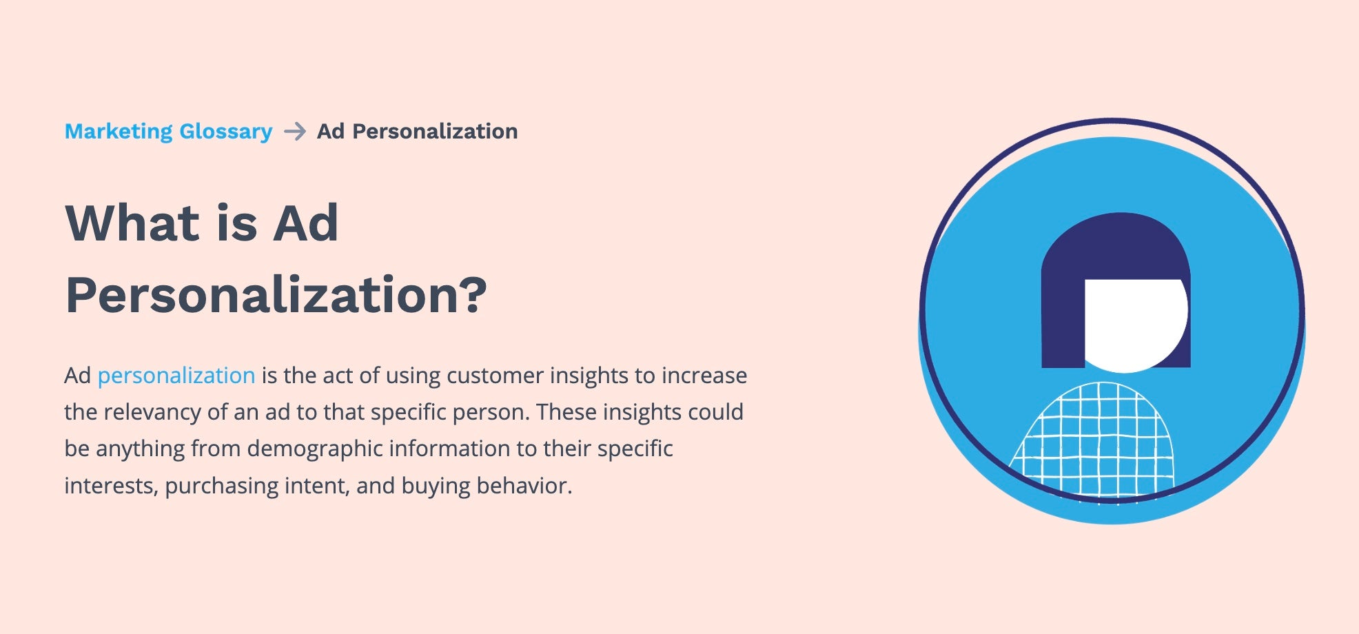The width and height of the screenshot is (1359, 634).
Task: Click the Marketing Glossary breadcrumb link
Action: (168, 131)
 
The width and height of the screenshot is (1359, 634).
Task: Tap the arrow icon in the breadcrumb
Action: (295, 131)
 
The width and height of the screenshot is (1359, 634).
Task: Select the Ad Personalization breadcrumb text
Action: (417, 131)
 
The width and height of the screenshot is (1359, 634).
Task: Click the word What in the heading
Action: (132, 223)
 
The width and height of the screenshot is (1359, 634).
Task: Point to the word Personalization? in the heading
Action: (276, 295)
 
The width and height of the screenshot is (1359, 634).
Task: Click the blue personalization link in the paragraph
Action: (176, 376)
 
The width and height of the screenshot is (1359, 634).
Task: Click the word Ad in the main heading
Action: (305, 223)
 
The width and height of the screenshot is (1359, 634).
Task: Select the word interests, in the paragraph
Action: (111, 486)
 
